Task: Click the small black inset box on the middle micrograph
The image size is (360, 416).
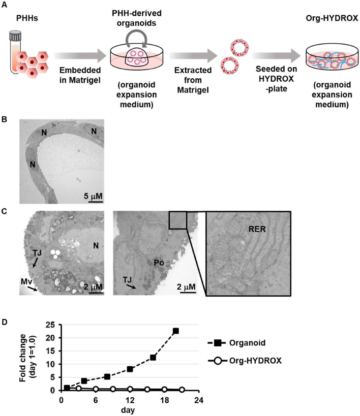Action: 178,220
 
